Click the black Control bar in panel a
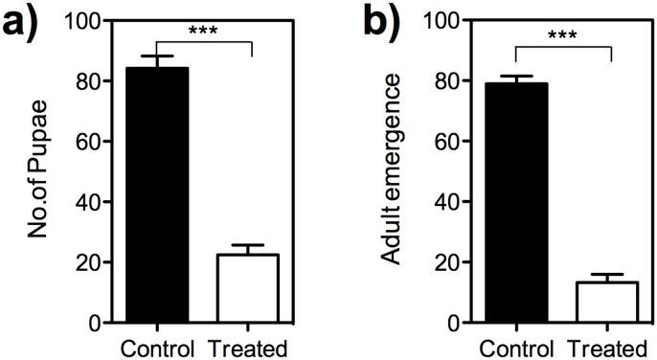[x=155, y=195]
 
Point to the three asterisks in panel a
[x=202, y=32]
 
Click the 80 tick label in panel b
[x=450, y=81]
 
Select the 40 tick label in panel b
[x=450, y=202]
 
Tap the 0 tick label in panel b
[x=457, y=324]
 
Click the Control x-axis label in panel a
[x=155, y=346]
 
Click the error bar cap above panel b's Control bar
[x=516, y=76]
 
